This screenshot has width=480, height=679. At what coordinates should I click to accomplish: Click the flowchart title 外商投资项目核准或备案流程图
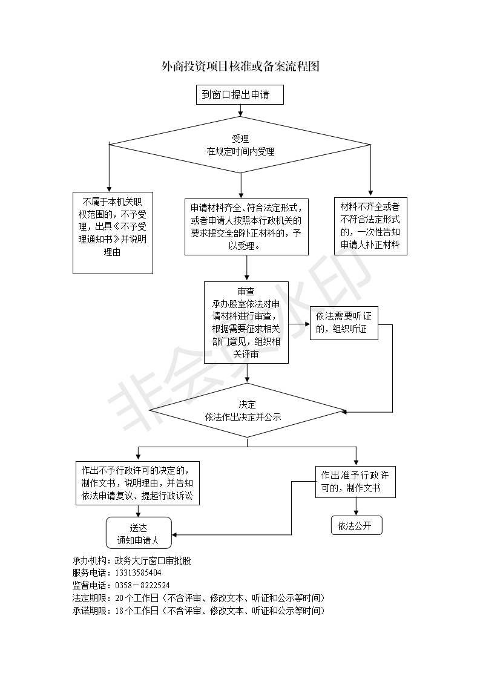coord(240,66)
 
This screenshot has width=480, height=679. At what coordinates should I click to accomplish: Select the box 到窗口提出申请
coord(240,94)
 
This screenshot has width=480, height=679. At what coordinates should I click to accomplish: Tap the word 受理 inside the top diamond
coord(240,139)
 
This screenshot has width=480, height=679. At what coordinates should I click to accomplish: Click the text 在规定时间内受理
coord(240,151)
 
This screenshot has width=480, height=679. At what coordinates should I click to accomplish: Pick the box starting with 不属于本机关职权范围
coord(113,233)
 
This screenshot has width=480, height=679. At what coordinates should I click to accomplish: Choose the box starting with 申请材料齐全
coord(246,227)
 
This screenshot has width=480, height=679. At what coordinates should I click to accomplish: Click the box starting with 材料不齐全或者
coord(370,226)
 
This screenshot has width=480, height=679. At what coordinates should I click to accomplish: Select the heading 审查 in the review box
coord(246,291)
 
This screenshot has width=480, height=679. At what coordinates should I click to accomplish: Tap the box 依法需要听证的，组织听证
coord(344,323)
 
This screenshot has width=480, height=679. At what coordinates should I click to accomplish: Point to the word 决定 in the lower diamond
coord(248,404)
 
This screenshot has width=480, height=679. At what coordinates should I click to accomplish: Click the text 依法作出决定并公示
coord(243,417)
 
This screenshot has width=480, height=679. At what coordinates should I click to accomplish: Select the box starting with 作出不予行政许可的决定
coord(138,483)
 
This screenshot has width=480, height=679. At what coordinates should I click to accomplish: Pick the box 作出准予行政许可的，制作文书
coord(355,482)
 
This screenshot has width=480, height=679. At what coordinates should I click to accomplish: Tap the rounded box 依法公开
coord(357,525)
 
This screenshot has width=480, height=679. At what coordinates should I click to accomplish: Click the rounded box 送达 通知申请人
coord(139,533)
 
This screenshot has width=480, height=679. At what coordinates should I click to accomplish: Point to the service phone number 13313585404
coord(138,572)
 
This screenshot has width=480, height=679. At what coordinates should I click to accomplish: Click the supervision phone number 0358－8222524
coord(142,585)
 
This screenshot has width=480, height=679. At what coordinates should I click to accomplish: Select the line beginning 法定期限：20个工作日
coord(199,598)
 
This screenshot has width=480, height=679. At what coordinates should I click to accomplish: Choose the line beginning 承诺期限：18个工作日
coord(199,611)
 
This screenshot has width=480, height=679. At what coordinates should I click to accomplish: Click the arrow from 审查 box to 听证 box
coord(300,324)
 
